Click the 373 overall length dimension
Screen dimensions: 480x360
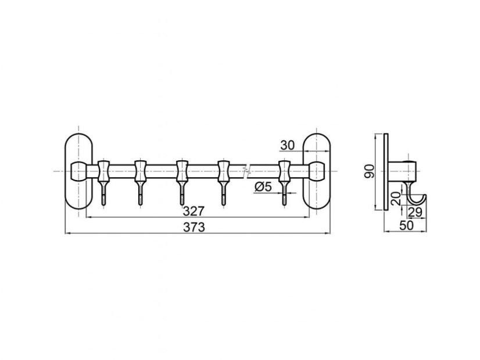point(194,227)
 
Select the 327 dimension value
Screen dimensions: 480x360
point(194,211)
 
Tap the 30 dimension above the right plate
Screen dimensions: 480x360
point(288,146)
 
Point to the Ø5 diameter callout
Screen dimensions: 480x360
point(263,186)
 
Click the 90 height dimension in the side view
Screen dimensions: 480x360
point(370,172)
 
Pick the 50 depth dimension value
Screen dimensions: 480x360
point(407,225)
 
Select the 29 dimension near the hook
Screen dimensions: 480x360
point(415,212)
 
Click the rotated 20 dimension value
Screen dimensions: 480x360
point(396,199)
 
